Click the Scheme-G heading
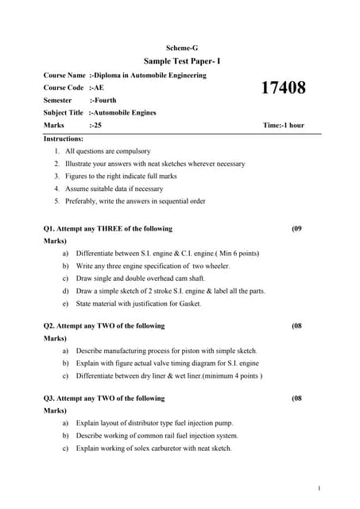tap(182, 48)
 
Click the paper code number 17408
tap(284, 88)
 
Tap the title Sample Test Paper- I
tap(182, 61)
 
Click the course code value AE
tap(99, 87)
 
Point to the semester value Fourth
tap(103, 100)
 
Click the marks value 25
tap(96, 126)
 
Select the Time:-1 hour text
tap(283, 126)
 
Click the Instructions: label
tap(64, 138)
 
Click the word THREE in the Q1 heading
tap(111, 228)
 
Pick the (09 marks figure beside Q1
tap(296, 228)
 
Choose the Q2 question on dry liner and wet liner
tap(168, 375)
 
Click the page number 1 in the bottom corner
tap(318, 488)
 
